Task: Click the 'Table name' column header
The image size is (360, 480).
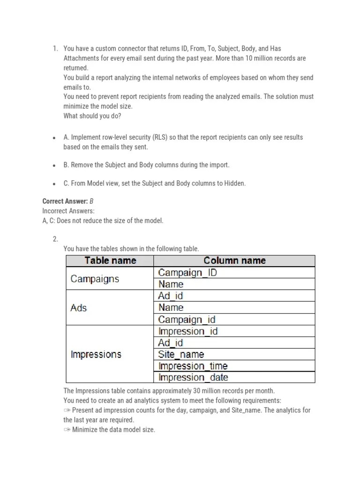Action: point(110,261)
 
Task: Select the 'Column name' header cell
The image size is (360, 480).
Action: point(234,261)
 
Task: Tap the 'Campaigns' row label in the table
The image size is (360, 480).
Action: point(95,279)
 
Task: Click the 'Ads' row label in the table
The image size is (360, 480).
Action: point(79,308)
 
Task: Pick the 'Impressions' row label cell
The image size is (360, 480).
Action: point(96,354)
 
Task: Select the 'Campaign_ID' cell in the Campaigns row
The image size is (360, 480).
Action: point(187,272)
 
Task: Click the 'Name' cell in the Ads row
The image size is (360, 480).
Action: point(171,307)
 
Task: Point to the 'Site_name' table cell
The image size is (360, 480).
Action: point(181,354)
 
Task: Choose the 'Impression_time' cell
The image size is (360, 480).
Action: point(193,366)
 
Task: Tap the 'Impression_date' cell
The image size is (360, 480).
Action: point(193,377)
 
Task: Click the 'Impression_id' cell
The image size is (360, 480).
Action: point(188,331)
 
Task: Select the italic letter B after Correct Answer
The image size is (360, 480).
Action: point(91,202)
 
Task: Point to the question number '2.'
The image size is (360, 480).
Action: point(55,239)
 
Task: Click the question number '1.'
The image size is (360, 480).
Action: point(55,48)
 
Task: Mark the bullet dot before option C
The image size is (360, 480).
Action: point(55,184)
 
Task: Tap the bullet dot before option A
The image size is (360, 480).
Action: point(55,138)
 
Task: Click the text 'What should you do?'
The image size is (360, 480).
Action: point(92,116)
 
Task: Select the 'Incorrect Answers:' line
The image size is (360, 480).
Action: point(68,211)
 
